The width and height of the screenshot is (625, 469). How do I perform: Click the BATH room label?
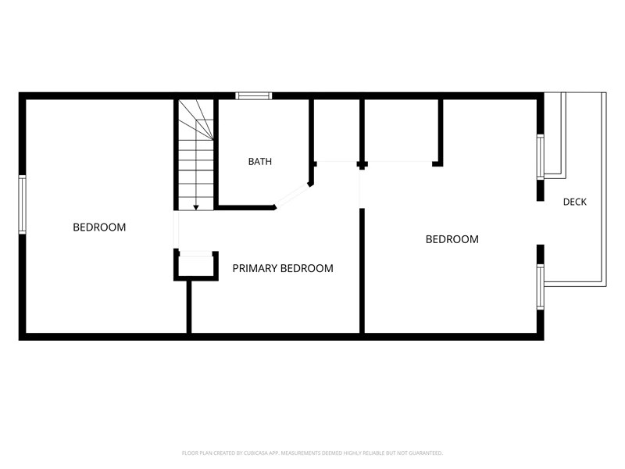pos(260,162)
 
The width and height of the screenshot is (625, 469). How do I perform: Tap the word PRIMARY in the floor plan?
pos(253,268)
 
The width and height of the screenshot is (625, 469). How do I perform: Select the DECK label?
pos(575,202)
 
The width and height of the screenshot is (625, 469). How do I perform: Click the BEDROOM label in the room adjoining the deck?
pos(452,239)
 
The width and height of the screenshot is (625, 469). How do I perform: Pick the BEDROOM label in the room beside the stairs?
pos(99,227)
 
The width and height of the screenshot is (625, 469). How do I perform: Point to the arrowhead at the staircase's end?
pos(196,208)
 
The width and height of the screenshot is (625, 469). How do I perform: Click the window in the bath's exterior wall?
pos(253,95)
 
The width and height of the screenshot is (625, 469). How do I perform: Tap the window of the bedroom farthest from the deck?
pos(23,205)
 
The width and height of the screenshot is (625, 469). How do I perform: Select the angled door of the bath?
pos(292,195)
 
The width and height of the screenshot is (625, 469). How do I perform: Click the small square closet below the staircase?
pos(196,265)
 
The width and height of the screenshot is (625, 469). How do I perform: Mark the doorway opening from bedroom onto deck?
pos(540,223)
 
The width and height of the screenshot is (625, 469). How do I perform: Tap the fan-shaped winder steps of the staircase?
pos(196,120)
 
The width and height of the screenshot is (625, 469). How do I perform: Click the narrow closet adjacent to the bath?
pos(337,131)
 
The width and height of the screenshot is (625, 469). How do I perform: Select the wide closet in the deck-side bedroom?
pos(402,131)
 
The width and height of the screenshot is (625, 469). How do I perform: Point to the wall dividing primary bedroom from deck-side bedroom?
pos(362,270)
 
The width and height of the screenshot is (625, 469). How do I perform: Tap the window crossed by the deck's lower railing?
pos(540,287)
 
